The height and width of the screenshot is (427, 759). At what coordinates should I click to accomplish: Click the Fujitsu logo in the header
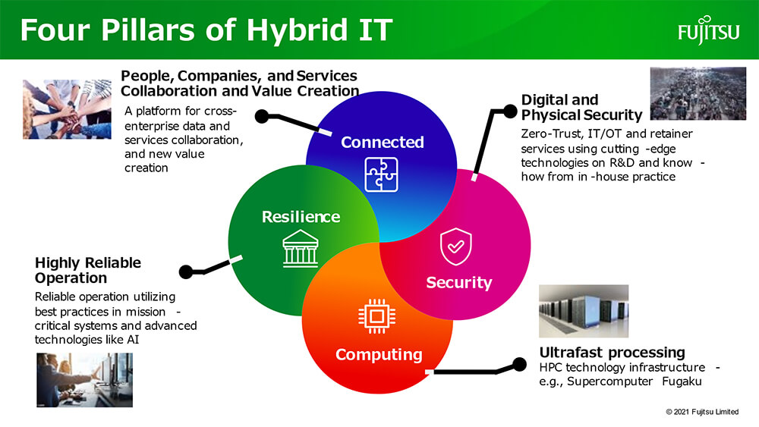pos(709,30)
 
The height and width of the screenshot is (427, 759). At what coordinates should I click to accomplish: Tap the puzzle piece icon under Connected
pos(382,174)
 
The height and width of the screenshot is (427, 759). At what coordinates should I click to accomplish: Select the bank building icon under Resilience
pos(301,249)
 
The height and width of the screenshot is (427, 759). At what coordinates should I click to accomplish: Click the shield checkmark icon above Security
pos(455,246)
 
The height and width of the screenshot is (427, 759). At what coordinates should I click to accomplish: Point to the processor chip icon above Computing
pos(376,316)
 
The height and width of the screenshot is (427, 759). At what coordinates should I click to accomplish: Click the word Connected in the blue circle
pos(383,142)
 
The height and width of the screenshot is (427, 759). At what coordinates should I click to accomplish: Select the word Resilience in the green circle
pos(301,217)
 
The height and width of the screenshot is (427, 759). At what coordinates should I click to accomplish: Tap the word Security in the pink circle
pos(459,282)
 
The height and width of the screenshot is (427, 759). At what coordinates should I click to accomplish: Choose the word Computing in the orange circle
pos(379,354)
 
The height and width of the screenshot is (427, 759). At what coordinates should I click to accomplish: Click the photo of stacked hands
pos(67,109)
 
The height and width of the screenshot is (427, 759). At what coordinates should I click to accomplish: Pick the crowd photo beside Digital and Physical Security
pos(698,93)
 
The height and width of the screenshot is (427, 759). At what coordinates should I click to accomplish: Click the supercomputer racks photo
pos(584,311)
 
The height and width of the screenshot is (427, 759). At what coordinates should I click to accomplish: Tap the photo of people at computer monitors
pos(85,380)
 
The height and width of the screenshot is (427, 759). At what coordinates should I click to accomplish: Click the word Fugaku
pos(682,381)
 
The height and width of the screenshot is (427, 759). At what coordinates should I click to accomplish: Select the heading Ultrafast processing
pos(613,352)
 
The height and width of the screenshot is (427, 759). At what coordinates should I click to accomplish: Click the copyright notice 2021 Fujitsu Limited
pos(702,412)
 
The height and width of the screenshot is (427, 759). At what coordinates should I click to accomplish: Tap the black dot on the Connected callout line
pos(262,116)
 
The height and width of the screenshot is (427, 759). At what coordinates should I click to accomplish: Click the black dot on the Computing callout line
pos(519,364)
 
